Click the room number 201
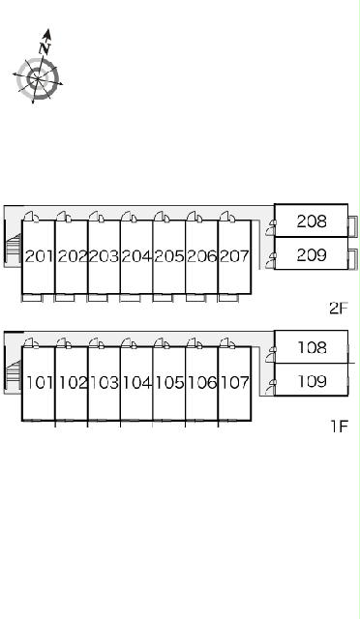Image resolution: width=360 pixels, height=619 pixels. [x=39, y=257]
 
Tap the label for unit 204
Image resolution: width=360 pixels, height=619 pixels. [x=136, y=257]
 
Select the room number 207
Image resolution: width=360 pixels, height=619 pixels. [x=234, y=257]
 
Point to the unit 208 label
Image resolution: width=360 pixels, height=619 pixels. [x=312, y=221]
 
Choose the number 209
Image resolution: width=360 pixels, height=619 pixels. [x=312, y=255]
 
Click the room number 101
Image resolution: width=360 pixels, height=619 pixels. [x=40, y=383]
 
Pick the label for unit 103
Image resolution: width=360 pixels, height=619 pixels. [x=105, y=383]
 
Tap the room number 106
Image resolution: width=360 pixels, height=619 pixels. [x=202, y=383]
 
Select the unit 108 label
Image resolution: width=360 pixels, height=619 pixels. [x=312, y=348]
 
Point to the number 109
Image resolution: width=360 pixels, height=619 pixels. [x=312, y=381]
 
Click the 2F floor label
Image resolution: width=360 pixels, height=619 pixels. [x=339, y=308]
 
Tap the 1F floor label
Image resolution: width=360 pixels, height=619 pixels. [x=339, y=426]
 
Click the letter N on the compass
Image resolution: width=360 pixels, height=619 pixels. [x=45, y=48]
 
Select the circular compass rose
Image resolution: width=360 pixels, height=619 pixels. [x=38, y=79]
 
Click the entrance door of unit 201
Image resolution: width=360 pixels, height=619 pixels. [x=30, y=216]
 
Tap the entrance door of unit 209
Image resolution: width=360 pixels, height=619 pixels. [x=271, y=261]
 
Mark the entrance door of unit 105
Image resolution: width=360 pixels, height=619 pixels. [x=162, y=343]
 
